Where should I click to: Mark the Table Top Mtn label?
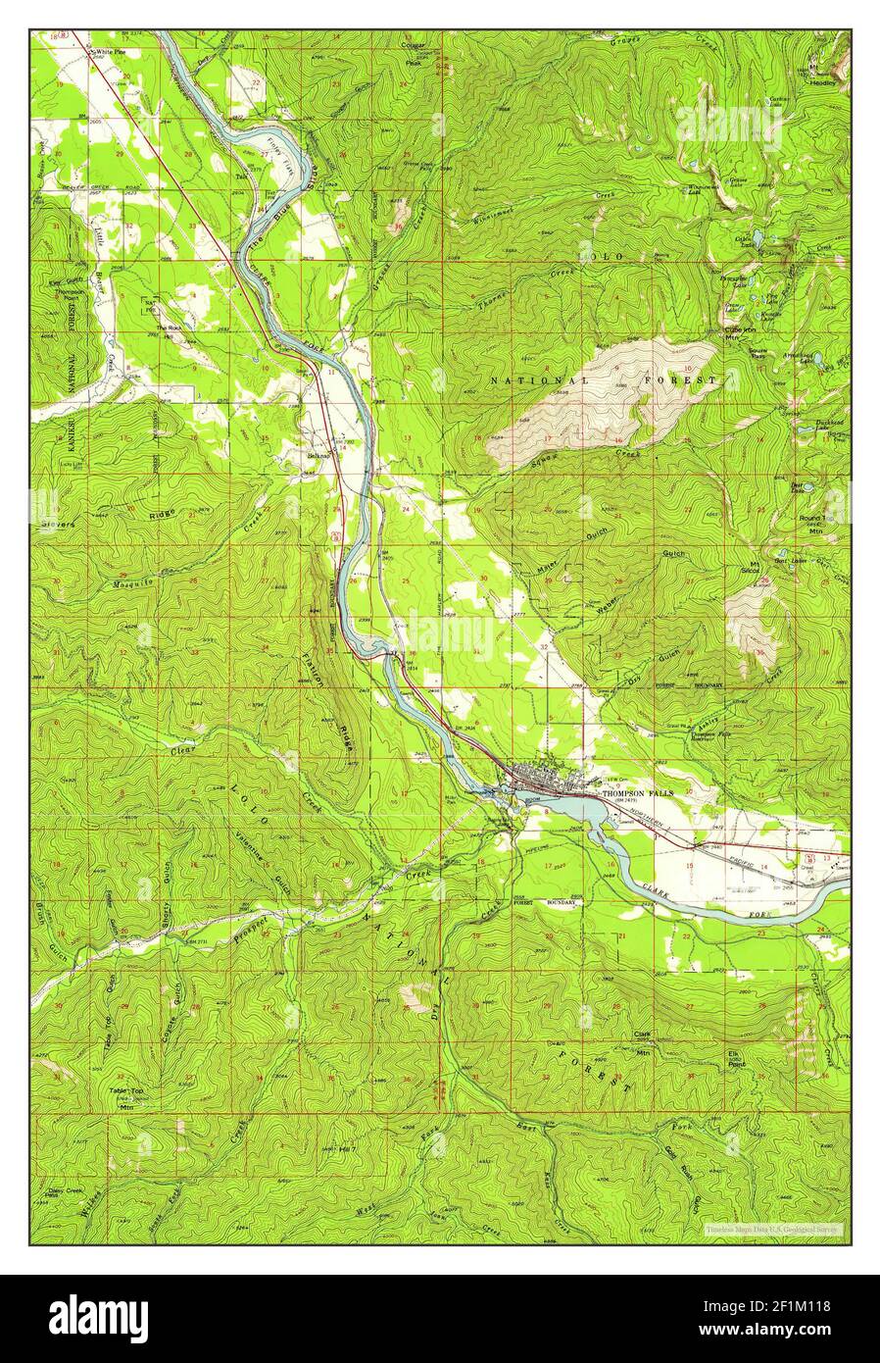(x=125, y=1094)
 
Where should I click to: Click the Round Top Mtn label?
(x=815, y=521)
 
